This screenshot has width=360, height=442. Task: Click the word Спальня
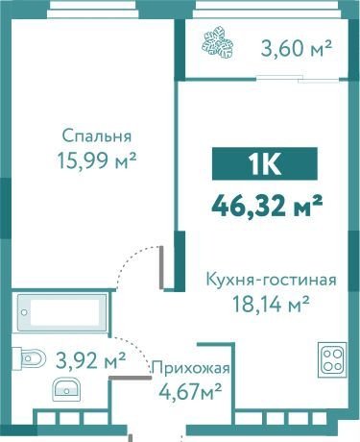pyautogui.click(x=97, y=136)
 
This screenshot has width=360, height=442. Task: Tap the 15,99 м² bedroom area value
pyautogui.click(x=97, y=160)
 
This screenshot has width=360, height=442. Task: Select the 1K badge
pyautogui.click(x=265, y=163)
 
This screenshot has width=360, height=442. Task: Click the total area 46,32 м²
pyautogui.click(x=267, y=206)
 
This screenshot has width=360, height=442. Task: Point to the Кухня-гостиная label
pyautogui.click(x=272, y=280)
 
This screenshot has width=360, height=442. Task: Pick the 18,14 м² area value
pyautogui.click(x=271, y=304)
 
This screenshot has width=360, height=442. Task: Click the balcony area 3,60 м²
pyautogui.click(x=297, y=48)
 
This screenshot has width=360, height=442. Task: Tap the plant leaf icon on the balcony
pyautogui.click(x=218, y=43)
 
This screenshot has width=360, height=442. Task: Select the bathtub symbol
pyautogui.click(x=62, y=312)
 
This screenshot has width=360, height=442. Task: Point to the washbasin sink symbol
pyautogui.click(x=66, y=389)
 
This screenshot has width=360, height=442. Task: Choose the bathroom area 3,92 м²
pyautogui.click(x=90, y=359)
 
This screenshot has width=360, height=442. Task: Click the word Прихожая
pyautogui.click(x=191, y=368)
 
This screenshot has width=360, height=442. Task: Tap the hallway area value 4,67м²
pyautogui.click(x=190, y=391)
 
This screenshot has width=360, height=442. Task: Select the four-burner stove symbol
pyautogui.click(x=332, y=359)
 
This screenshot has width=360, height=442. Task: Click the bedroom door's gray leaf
pyautogui.click(x=162, y=268)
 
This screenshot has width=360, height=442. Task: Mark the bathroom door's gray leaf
pyautogui.click(x=130, y=378)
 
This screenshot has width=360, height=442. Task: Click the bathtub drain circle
pyautogui.click(x=24, y=312)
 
